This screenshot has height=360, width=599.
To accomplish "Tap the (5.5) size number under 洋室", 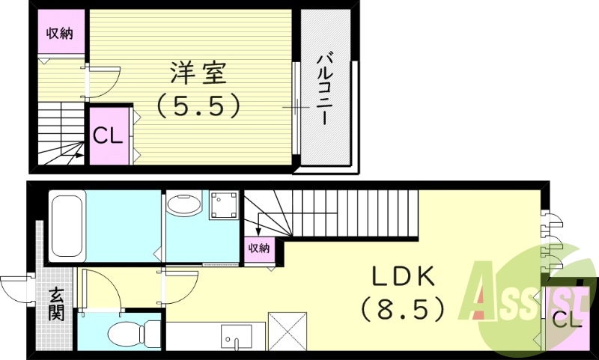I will pos(199,105).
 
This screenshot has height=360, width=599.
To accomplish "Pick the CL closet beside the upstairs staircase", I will pos(107,136).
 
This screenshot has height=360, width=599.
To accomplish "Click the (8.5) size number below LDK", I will pos(404,308).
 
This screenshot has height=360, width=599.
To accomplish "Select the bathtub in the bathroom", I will pos(68,225).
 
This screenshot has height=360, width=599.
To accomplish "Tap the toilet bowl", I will pos(130,331).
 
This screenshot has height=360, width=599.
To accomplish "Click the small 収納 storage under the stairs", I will pos(259,248).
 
